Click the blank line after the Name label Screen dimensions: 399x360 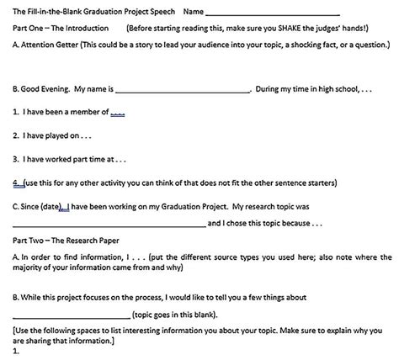click(x=271, y=13)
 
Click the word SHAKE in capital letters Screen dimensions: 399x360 click(x=296, y=29)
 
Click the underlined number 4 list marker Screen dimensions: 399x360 click(x=16, y=181)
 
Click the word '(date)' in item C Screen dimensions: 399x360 click(x=52, y=204)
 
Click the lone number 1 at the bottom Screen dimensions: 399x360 click(x=16, y=351)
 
